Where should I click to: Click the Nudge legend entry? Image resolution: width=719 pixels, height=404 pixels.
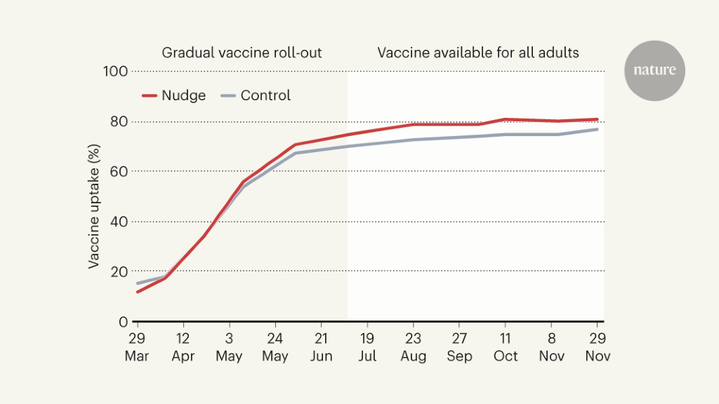coord(174,95)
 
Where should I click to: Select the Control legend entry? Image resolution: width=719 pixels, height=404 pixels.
coord(256,95)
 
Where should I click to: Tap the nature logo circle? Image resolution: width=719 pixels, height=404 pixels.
coord(654,71)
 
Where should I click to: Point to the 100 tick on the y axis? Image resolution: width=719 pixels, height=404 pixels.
coord(117,71)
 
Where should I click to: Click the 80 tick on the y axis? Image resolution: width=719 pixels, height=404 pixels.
coord(119,121)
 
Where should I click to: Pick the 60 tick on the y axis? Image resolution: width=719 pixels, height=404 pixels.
coord(119,171)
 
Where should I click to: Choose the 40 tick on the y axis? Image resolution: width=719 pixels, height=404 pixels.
coord(119,221)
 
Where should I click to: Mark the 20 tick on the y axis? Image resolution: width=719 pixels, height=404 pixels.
coord(119,271)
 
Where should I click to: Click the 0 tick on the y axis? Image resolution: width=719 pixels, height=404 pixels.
coord(123,321)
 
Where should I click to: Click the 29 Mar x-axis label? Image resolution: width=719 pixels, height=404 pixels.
coord(137,346)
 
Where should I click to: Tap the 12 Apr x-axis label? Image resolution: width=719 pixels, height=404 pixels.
coord(183,346)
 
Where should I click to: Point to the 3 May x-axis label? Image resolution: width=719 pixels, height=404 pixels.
coord(229,346)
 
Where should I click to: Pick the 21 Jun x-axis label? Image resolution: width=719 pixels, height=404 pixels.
coord(321,346)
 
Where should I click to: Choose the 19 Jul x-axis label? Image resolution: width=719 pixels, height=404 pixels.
coord(367,346)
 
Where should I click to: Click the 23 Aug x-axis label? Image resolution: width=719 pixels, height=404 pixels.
coord(414,346)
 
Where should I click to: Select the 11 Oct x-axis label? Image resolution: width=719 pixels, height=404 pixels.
coord(506,346)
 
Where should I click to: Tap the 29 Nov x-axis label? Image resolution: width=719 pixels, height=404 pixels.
coord(598,346)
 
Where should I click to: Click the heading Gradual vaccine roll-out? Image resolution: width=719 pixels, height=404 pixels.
coord(242,53)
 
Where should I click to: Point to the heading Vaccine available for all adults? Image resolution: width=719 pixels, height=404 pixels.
coord(478,53)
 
